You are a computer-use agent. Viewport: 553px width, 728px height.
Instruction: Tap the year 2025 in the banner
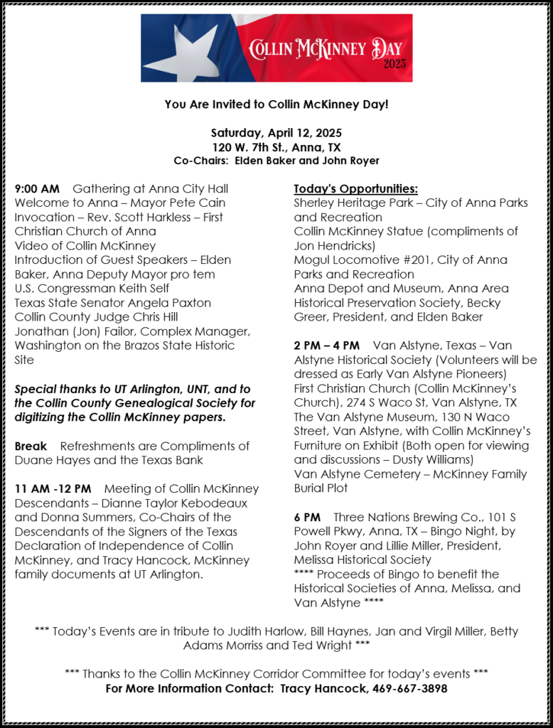394,65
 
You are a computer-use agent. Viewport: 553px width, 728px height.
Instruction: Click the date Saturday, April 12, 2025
276,133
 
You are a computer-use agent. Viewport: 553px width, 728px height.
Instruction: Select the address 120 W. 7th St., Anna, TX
276,147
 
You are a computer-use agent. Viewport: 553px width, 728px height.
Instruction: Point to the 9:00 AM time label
37,189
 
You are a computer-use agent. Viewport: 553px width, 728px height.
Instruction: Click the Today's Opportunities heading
355,189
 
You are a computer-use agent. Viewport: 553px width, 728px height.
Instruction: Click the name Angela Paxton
171,303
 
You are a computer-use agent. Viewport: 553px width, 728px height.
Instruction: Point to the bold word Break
31,446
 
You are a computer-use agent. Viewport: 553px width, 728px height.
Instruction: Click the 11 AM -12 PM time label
53,489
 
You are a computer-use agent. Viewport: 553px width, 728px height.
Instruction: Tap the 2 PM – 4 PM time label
326,346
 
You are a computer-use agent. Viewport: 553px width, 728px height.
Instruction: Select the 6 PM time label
307,517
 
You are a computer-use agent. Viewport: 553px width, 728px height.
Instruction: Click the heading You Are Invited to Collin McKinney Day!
276,105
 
